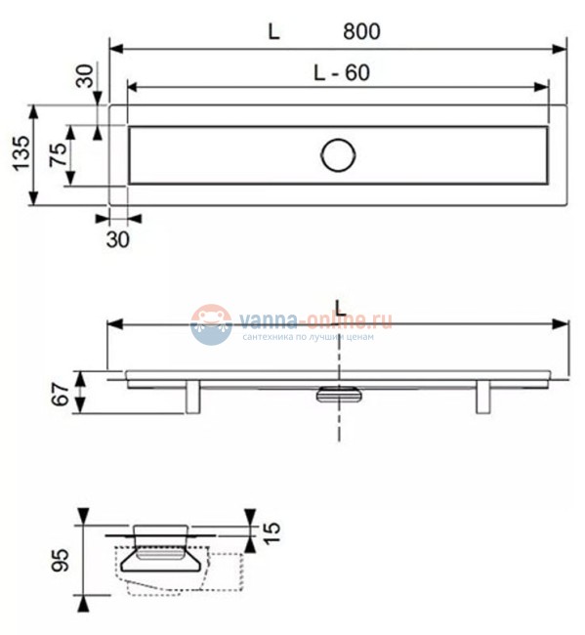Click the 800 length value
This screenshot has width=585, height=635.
pos(361,31)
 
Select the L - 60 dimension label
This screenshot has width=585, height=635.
pos(342,72)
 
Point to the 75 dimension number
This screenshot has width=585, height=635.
pos(60,154)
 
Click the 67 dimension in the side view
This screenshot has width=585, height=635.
pos(62,394)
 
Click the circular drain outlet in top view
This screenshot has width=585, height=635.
pos(338,154)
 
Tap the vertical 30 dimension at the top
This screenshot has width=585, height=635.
pos(87,76)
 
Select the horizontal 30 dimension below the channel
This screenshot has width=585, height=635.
pos(116,237)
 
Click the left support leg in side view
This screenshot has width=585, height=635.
pos(192,397)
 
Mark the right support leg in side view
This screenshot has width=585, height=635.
pos(483,397)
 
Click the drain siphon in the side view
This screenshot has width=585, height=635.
pos(339,394)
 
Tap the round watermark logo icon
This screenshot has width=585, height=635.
pos(211,324)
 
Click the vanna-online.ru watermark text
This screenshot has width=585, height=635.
pos(316,319)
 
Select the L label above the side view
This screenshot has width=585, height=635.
pos(339,309)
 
